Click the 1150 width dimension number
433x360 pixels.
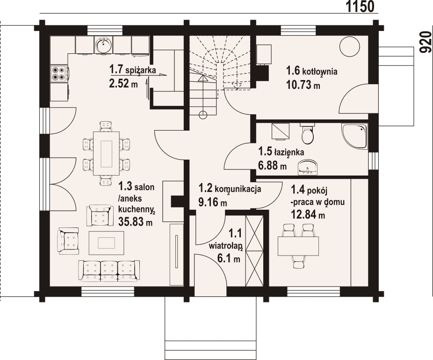pyautogui.click(x=360, y=7)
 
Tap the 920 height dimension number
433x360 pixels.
pyautogui.click(x=426, y=42)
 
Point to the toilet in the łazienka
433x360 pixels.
pyautogui.click(x=307, y=134)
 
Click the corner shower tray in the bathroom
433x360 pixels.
pyautogui.click(x=355, y=136)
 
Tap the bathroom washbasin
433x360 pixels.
pyautogui.click(x=308, y=167)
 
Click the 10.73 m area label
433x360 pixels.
pyautogui.click(x=303, y=85)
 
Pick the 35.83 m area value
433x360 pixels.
pyautogui.click(x=135, y=221)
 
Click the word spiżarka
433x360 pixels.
pyautogui.click(x=140, y=70)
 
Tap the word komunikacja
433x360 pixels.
pyautogui.click(x=238, y=190)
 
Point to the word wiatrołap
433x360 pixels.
pyautogui.click(x=225, y=246)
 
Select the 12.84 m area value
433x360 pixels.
pyautogui.click(x=308, y=214)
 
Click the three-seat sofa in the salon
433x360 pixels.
pyautogui.click(x=109, y=271)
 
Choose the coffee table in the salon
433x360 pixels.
pyautogui.click(x=106, y=243)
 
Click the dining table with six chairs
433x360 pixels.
pyautogui.click(x=106, y=153)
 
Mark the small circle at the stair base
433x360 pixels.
pyautogui.click(x=203, y=115)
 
